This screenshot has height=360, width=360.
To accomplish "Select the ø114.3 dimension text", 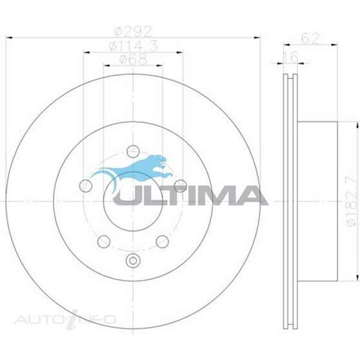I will tap(133, 45).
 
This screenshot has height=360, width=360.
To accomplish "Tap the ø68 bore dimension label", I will tap(133, 60).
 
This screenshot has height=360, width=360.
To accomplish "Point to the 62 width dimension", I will tap(310, 39).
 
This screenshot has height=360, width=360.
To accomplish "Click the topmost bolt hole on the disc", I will tap(133, 151).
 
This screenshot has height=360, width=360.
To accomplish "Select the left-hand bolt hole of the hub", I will tap(86, 186).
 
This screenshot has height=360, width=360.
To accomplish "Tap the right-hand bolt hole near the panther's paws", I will tap(180, 186).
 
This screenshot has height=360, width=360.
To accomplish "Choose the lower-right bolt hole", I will tap(162, 241).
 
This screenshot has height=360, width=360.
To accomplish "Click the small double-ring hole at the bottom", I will tap(133, 261).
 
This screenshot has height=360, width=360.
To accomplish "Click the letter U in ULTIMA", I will tap(127, 195).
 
